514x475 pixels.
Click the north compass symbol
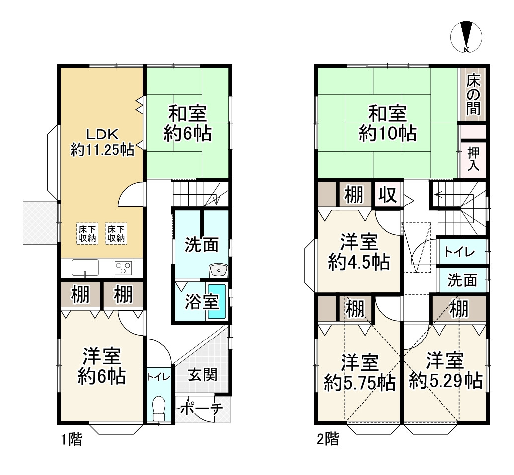tap(466, 37)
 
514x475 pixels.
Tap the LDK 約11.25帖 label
tap(102, 142)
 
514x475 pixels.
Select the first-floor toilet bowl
tap(159, 408)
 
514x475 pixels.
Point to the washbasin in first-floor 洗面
tap(218, 271)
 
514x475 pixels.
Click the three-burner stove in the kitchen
tap(123, 268)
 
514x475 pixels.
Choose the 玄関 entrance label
tap(202, 374)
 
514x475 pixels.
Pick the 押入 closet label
tap(473, 159)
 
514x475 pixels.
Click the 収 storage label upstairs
tap(388, 195)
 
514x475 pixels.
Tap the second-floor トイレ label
tap(459, 252)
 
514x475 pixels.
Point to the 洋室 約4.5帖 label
tap(359, 252)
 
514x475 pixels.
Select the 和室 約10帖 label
tap(387, 124)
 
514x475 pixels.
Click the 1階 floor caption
tap(72, 439)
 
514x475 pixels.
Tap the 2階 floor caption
tap(328, 439)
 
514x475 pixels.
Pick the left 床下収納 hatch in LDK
tap(87, 234)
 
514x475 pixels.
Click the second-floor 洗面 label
tap(462, 280)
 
